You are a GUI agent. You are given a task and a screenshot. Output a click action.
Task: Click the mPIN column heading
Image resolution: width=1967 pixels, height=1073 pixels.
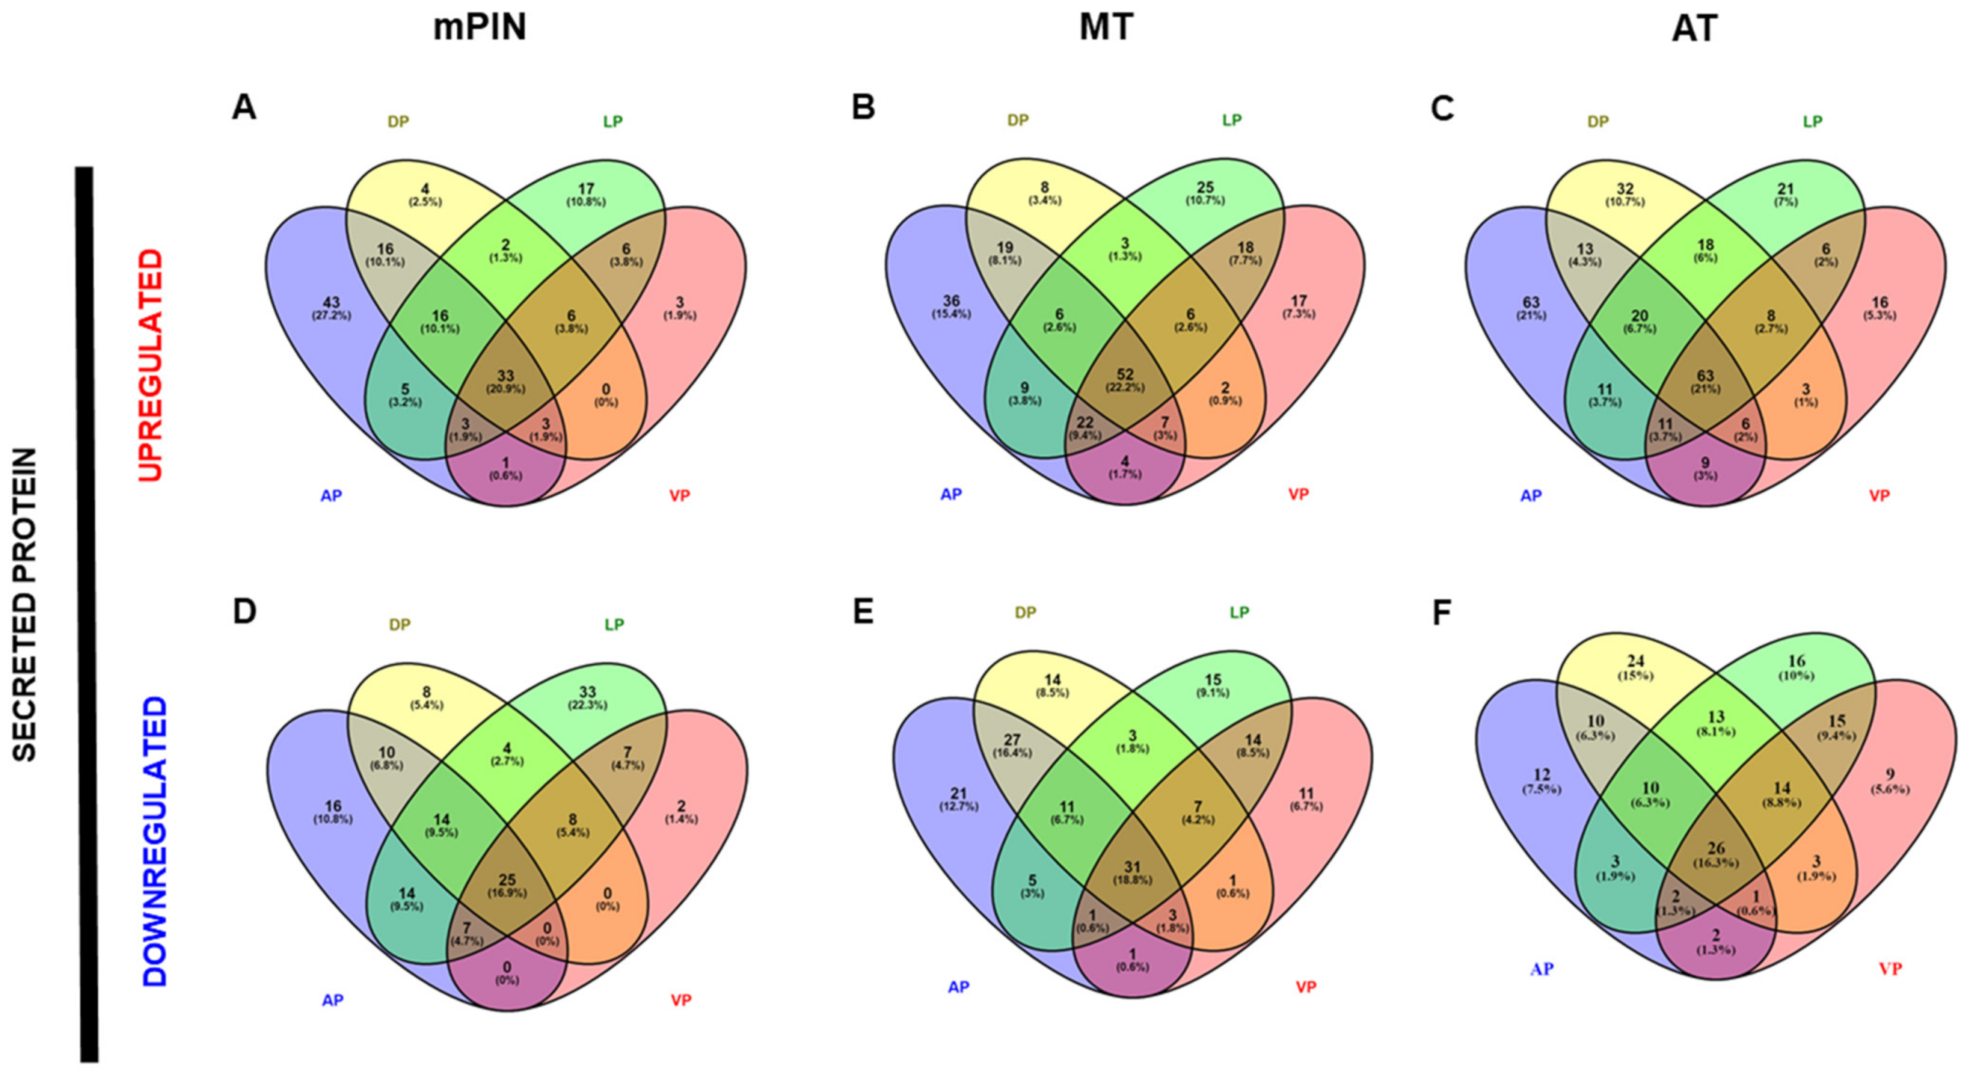tap(480, 28)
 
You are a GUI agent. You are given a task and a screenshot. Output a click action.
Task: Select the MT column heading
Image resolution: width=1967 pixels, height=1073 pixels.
tap(1106, 28)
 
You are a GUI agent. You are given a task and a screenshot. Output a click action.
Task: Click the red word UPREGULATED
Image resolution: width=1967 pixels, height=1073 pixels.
tap(151, 365)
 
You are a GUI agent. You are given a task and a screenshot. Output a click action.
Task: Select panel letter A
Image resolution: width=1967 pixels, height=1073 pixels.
tap(243, 108)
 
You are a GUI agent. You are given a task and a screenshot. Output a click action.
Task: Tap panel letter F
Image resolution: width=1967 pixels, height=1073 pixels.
tap(1441, 612)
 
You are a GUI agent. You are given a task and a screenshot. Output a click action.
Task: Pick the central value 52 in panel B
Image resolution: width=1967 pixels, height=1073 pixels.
tap(1124, 374)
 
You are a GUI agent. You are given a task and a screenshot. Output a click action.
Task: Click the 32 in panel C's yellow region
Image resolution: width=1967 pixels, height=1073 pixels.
tap(1625, 188)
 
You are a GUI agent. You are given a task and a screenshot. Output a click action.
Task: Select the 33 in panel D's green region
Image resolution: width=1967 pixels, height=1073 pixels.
tap(587, 692)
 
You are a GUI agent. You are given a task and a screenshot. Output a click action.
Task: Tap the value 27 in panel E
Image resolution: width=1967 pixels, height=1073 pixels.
tap(1011, 739)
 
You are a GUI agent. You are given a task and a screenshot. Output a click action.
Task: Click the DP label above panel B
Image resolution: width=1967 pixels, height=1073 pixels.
tap(1018, 120)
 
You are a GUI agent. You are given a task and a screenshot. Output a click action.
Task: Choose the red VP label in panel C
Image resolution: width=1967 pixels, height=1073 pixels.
tap(1879, 495)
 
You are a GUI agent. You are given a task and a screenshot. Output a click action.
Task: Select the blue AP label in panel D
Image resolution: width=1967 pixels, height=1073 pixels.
tap(332, 1000)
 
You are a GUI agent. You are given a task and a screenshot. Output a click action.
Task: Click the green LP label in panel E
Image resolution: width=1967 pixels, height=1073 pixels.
tap(1239, 611)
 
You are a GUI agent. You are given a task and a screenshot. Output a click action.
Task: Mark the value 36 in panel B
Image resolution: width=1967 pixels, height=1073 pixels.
tap(951, 301)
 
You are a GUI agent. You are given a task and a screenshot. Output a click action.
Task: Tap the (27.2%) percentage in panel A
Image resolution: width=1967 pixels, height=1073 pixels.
tap(332, 315)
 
